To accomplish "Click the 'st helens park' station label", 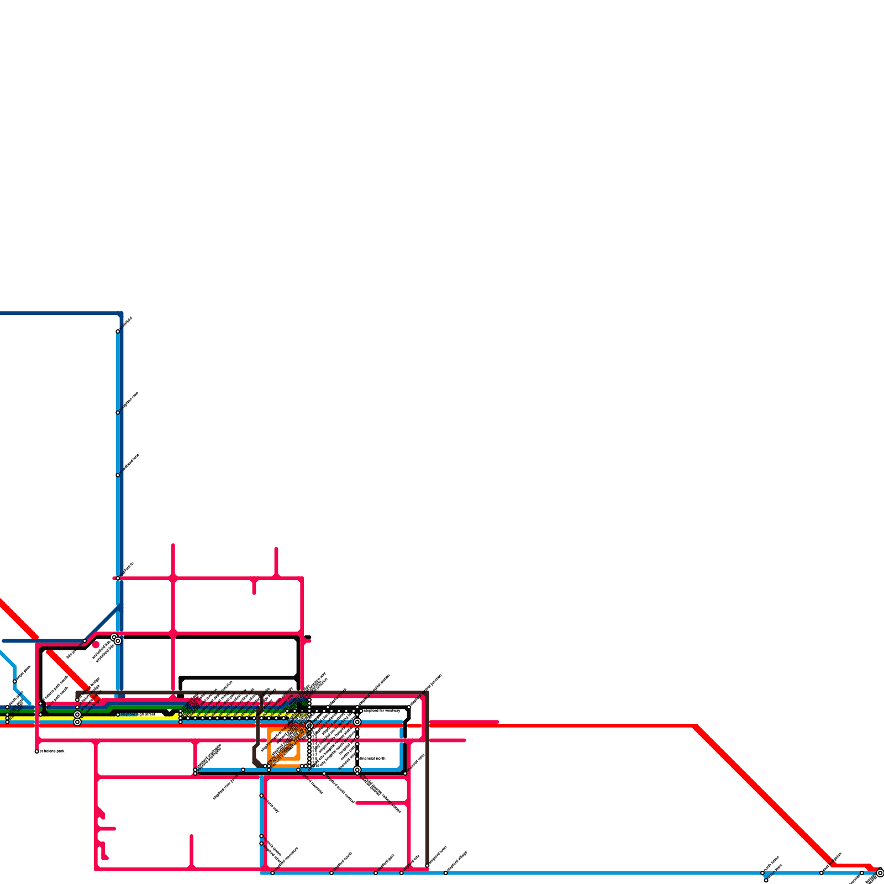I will pyautogui.click(x=52, y=751).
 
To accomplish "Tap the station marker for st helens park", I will pyautogui.click(x=37, y=751).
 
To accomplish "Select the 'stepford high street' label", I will pyautogui.click(x=138, y=714).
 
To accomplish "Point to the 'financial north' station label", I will pyautogui.click(x=373, y=759).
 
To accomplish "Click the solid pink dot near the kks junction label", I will pyautogui.click(x=96, y=645).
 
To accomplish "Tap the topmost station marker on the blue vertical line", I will pyautogui.click(x=118, y=331).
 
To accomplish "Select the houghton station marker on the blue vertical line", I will pyautogui.click(x=118, y=413).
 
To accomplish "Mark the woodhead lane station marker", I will pyautogui.click(x=118, y=475).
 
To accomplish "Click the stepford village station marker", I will pyautogui.click(x=446, y=873).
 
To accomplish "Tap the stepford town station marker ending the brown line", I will pyautogui.click(x=428, y=865).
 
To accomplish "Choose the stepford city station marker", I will pyautogui.click(x=402, y=873).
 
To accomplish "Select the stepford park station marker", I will pyautogui.click(x=376, y=873).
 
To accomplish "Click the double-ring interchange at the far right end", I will pyautogui.click(x=880, y=873).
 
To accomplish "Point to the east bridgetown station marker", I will pyautogui.click(x=822, y=873).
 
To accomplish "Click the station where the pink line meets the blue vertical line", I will pyautogui.click(x=118, y=578).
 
